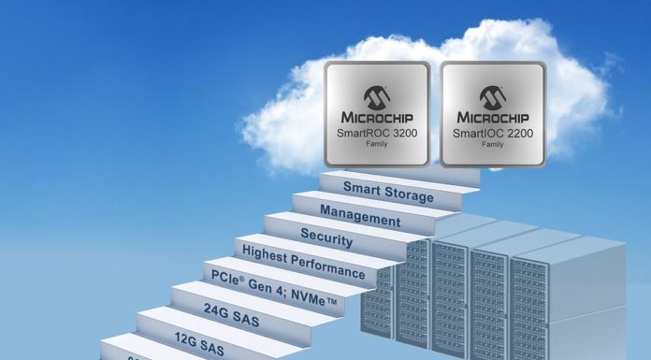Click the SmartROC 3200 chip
[377, 115]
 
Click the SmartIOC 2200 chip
[493, 115]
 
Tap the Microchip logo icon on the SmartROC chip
[376, 96]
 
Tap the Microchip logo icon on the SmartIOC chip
[493, 96]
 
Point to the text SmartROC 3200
[376, 135]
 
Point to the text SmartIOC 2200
[493, 135]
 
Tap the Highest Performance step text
[303, 263]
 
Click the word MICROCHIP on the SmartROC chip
[376, 119]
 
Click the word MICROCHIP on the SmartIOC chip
[493, 119]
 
